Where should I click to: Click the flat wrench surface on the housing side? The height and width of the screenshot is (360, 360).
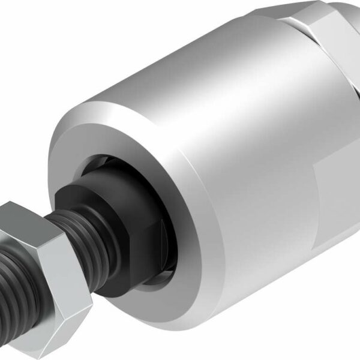pyautogui.click(x=339, y=198)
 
